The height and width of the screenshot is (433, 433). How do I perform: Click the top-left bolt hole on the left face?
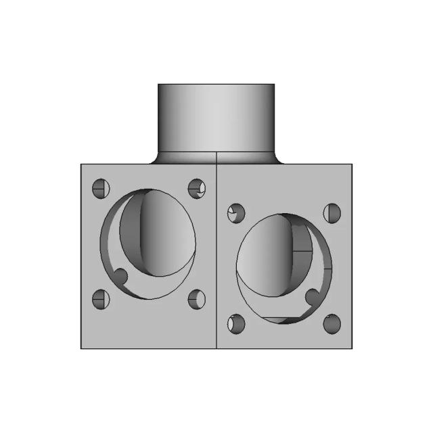pyautogui.click(x=101, y=187)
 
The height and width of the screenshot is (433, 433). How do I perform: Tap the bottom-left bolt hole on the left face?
pyautogui.click(x=101, y=298)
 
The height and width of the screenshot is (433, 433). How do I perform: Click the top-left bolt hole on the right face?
pyautogui.click(x=236, y=213)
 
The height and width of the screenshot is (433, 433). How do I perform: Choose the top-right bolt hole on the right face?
pyautogui.click(x=332, y=213)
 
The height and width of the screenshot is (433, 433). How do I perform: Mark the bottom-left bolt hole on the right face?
pyautogui.click(x=236, y=324)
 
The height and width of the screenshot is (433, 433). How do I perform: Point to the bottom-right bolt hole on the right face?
pyautogui.click(x=332, y=324)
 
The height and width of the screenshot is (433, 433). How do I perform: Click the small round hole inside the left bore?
pyautogui.click(x=121, y=276)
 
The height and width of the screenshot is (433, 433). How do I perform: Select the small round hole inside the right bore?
pyautogui.click(x=313, y=296)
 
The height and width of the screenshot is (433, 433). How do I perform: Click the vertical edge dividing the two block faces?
pyautogui.click(x=216, y=257)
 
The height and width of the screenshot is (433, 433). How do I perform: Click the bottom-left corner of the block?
pyautogui.click(x=81, y=348)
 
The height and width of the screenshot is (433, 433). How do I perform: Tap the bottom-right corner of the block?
pyautogui.click(x=352, y=348)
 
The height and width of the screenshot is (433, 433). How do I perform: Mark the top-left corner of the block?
pyautogui.click(x=81, y=164)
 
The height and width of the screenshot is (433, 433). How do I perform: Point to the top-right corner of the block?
pyautogui.click(x=352, y=164)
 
